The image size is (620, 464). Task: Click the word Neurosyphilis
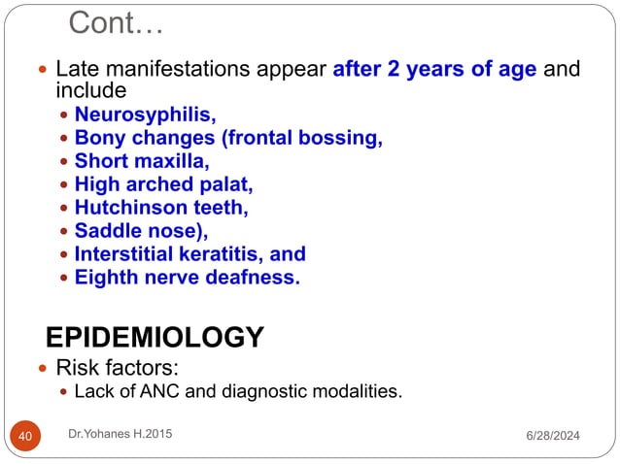(x=146, y=114)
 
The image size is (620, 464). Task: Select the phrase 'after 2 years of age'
(x=434, y=70)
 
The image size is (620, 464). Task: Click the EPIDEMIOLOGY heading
(x=155, y=337)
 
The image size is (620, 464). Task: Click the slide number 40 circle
(x=25, y=437)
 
